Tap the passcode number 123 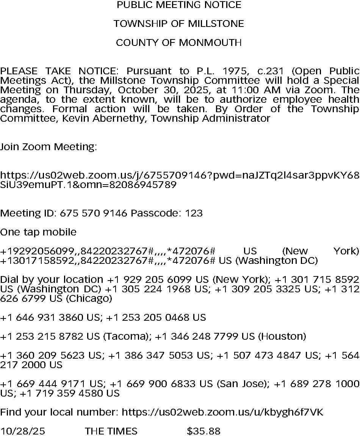[x=194, y=213]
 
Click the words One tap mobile [x=38, y=232]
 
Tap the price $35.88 [x=203, y=431]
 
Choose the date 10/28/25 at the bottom [x=22, y=431]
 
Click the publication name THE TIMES [x=111, y=431]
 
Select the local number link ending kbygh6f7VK [x=222, y=412]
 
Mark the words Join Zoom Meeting [x=49, y=147]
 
